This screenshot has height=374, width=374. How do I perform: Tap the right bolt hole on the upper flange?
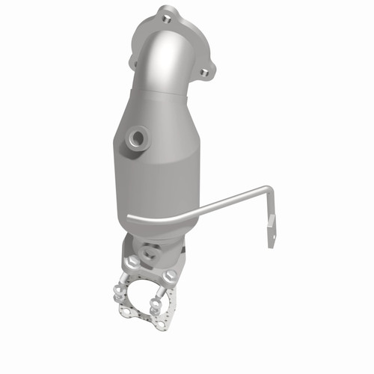(x=203, y=72)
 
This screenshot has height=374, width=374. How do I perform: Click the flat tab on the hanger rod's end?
(x=271, y=229)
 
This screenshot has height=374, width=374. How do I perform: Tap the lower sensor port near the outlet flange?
(x=150, y=253)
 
